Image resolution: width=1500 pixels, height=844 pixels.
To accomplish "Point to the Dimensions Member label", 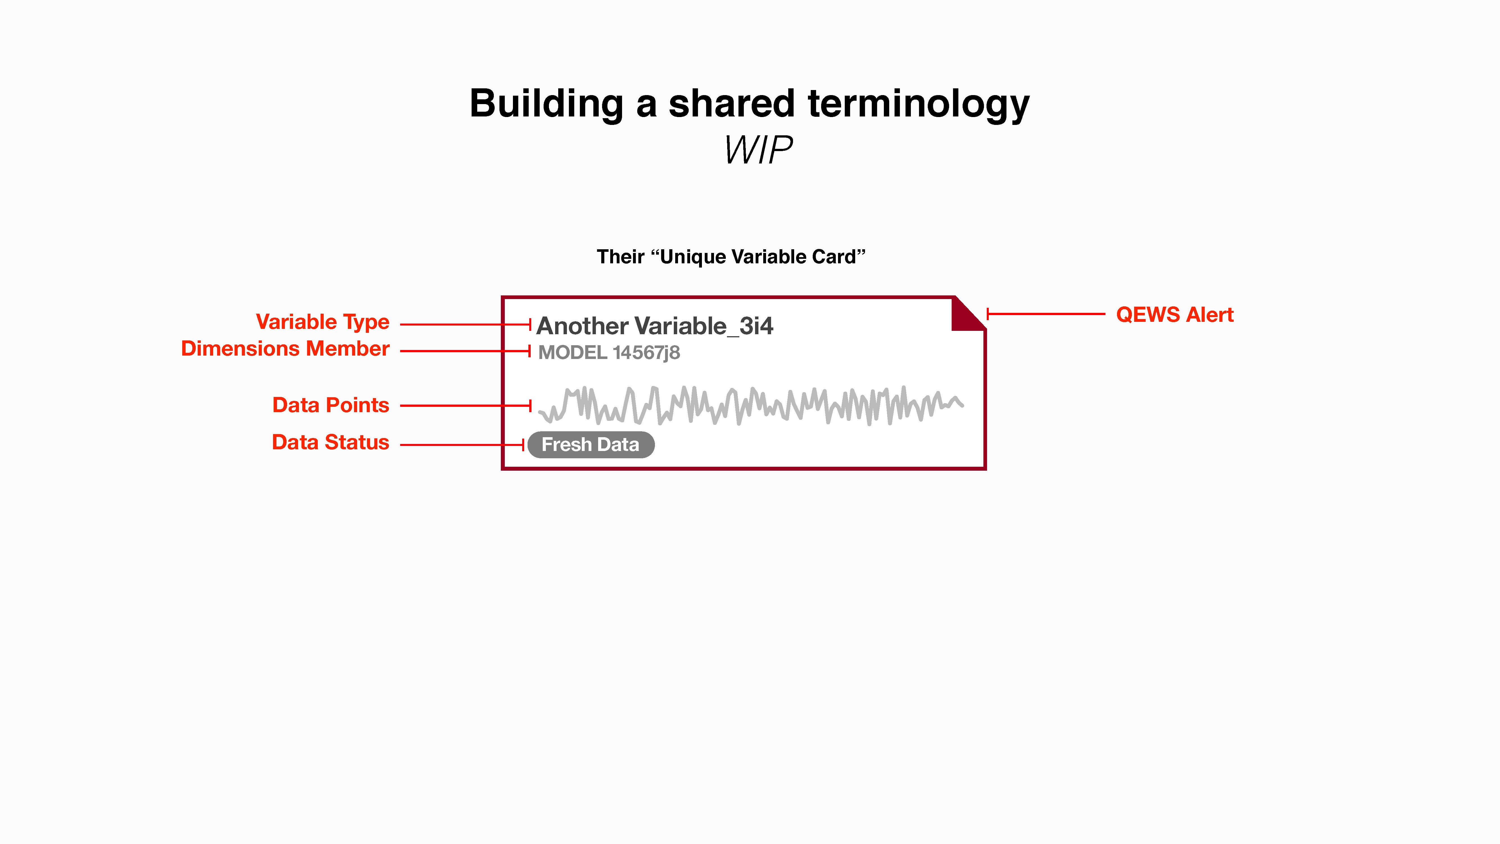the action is pyautogui.click(x=285, y=348).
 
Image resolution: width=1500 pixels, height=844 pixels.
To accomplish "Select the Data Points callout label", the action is pyautogui.click(x=331, y=405).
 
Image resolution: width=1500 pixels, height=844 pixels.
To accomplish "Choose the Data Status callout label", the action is pyautogui.click(x=330, y=442).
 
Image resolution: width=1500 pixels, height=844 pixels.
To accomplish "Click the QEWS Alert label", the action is pyautogui.click(x=1175, y=315).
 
